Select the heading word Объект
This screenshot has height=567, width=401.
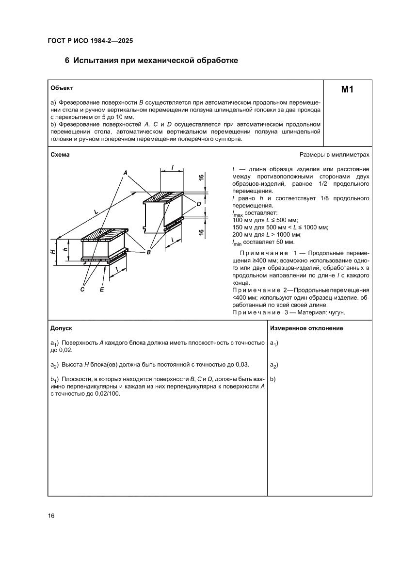click(x=62, y=88)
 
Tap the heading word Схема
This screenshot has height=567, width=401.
click(x=60, y=155)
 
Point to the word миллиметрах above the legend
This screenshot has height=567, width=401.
click(x=350, y=155)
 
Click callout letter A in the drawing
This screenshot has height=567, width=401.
click(x=125, y=173)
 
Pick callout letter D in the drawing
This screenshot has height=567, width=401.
click(x=199, y=204)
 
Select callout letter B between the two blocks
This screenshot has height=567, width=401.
click(x=149, y=252)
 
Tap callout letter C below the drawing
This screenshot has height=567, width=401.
click(x=83, y=290)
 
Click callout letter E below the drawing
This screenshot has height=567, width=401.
click(x=102, y=290)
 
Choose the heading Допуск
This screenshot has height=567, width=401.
click(x=62, y=328)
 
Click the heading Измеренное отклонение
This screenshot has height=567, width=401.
click(x=306, y=328)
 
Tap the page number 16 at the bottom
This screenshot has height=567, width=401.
click(x=51, y=516)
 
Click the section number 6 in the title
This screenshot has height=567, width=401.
click(x=67, y=61)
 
